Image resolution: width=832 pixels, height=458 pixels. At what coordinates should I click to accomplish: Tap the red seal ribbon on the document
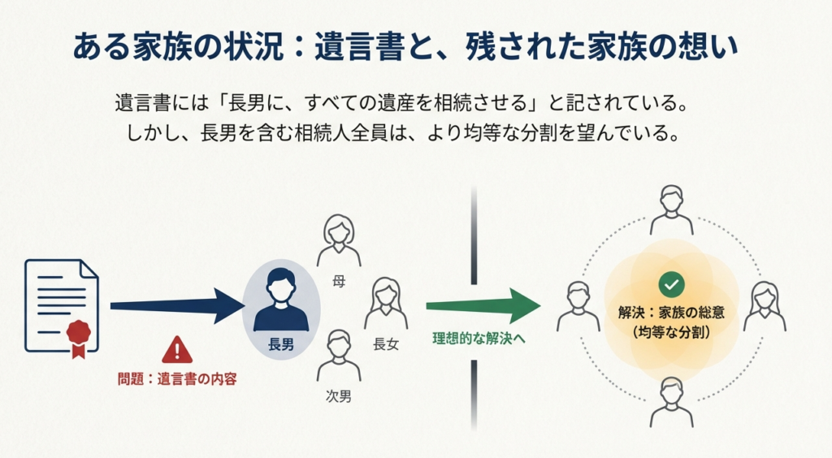point(78,336)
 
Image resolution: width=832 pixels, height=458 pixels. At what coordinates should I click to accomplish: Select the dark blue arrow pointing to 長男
point(175,305)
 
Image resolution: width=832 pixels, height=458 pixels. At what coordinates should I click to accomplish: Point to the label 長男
point(281,344)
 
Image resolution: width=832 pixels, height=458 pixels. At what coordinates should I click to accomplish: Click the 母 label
point(338,283)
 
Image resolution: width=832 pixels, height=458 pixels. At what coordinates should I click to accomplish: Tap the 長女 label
point(386,343)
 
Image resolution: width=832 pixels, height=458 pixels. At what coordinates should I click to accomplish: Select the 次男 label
point(338,397)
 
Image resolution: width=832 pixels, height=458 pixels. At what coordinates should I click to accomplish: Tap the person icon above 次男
point(338,356)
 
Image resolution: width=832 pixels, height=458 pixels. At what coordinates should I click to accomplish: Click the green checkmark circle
point(672,284)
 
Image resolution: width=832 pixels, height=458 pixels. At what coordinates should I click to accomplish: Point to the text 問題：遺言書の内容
point(176,378)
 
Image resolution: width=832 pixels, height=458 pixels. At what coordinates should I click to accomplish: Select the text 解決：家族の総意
point(672,313)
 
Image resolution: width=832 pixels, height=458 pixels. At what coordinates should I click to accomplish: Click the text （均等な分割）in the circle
point(672,333)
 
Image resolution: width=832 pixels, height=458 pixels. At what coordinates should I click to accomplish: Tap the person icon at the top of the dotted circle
point(671,210)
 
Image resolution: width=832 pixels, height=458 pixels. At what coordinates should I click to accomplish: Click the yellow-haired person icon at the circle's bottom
point(671,401)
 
